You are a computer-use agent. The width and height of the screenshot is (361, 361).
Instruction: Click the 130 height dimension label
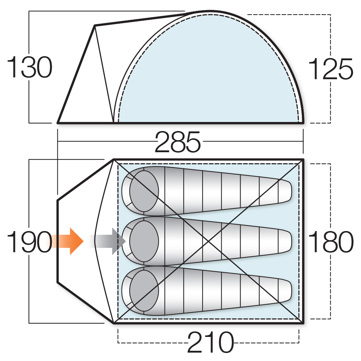[30, 67]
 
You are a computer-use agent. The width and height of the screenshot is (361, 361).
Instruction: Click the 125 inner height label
[330, 69]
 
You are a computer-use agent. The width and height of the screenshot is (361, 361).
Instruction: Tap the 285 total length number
[177, 142]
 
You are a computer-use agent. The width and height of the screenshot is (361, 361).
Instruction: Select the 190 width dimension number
[30, 242]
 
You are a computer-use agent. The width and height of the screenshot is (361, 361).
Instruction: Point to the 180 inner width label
[330, 241]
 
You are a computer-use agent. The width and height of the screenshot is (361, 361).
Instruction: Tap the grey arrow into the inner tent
[107, 241]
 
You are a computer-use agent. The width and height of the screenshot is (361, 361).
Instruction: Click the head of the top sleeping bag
[144, 191]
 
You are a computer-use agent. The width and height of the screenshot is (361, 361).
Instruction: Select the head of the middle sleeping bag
[144, 241]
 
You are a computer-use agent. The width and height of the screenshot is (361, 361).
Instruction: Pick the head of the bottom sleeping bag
[144, 291]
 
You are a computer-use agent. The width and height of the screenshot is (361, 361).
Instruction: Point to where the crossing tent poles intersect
[208, 241]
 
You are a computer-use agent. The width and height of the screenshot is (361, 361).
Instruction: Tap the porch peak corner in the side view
[95, 26]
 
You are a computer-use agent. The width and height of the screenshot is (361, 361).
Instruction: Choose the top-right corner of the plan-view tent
[303, 159]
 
